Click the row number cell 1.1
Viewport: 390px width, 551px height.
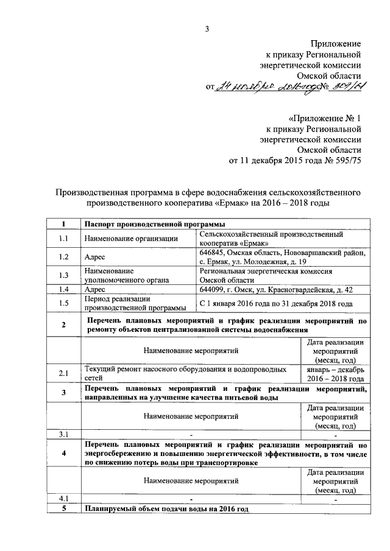point(63,238)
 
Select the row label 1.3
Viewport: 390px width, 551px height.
point(63,275)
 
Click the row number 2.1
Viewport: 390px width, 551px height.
point(63,373)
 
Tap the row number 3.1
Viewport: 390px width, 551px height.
point(63,434)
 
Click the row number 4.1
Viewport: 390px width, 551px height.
point(63,499)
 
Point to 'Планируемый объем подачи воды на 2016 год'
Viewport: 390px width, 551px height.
point(167,508)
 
